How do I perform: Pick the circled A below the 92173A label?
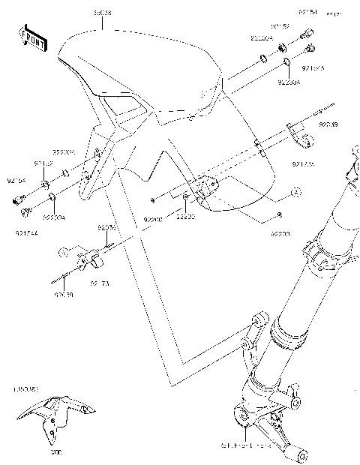point(296,193)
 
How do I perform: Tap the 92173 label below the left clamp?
point(100,283)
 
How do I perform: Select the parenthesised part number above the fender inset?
point(25,391)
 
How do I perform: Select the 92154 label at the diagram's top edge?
point(308,13)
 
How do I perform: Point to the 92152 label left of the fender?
point(42,163)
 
